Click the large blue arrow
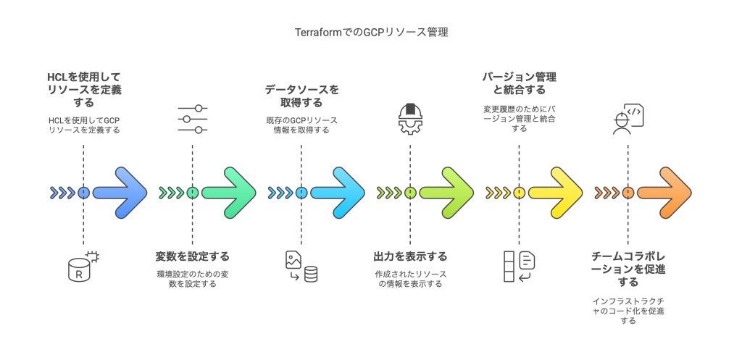tap(121, 193)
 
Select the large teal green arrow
tap(230, 193)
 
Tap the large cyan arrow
tap(338, 193)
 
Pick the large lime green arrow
tap(447, 193)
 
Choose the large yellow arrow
tap(556, 193)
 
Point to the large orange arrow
tap(664, 193)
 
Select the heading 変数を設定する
tap(192, 256)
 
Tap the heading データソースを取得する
tap(301, 96)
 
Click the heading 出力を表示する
tap(410, 256)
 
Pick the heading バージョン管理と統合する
tap(519, 83)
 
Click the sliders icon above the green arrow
tap(193, 119)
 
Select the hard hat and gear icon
tap(410, 120)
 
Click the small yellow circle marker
tap(519, 193)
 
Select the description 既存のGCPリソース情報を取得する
tap(301, 125)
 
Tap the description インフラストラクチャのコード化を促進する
tap(628, 310)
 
